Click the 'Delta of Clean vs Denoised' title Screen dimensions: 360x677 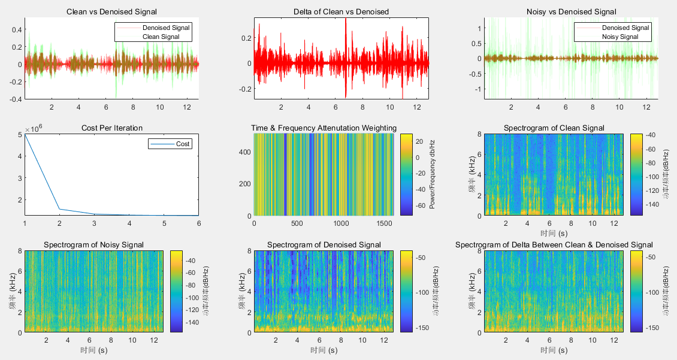[341, 12]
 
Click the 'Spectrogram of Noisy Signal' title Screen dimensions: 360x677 [94, 245]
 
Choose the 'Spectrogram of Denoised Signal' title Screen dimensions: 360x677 [324, 245]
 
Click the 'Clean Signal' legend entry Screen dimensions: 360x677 [166, 37]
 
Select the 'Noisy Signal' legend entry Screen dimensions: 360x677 [620, 37]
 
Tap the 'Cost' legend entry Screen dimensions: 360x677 [184, 144]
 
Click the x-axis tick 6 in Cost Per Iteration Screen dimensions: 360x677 [198, 223]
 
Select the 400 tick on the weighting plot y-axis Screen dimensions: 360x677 [245, 152]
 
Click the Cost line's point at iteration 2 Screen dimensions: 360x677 [59, 209]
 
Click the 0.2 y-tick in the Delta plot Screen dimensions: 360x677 [245, 38]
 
